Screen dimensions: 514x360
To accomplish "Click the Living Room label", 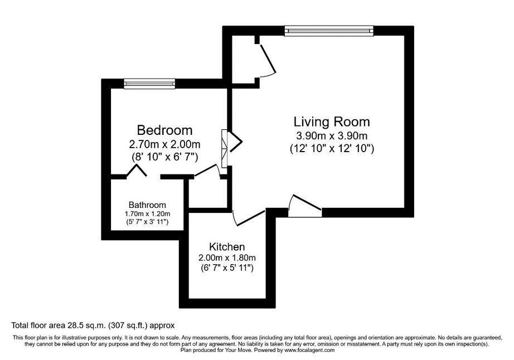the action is [332, 122].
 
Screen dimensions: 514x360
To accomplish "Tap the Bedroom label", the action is [164, 130].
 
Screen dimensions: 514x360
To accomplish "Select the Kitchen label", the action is [227, 247].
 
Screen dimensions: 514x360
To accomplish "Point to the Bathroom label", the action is [147, 205].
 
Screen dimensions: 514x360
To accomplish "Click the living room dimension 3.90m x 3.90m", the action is [331, 135].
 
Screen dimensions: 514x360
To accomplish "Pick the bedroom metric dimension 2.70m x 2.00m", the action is [164, 144].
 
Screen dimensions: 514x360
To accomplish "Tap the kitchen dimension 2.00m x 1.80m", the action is [227, 258].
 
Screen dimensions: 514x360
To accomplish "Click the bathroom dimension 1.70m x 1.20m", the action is [147, 214].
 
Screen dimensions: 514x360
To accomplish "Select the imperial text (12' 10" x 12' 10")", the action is [332, 149].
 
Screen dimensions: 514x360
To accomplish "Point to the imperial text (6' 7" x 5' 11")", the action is [227, 268].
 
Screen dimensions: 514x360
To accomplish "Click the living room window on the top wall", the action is [329, 31].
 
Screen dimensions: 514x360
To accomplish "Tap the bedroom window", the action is [149, 84].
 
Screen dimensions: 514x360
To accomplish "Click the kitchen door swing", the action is [248, 218].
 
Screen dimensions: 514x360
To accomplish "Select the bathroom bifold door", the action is [137, 171].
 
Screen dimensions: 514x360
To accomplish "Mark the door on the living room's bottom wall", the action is [304, 206].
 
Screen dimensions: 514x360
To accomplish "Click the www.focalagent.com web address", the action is [309, 350].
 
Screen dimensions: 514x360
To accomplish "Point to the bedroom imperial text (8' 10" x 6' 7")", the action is [164, 157].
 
